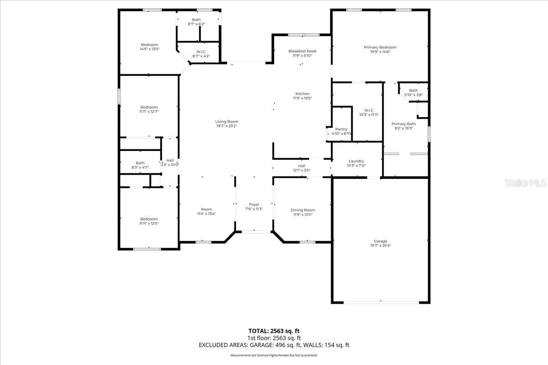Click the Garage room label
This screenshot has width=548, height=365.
point(380,241)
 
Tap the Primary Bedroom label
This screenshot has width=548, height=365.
point(380,47)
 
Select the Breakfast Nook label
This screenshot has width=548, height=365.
point(302,52)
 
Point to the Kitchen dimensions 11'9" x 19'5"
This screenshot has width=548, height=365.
point(302,98)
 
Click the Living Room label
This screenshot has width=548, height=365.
point(227,121)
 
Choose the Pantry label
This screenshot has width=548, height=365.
point(341,129)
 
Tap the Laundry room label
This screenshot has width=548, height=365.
point(356,161)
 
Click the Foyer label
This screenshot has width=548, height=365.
point(254,204)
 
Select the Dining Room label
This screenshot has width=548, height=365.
point(303,210)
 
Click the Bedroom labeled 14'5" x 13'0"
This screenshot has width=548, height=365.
point(149,45)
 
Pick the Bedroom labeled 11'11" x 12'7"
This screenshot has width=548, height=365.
point(149,107)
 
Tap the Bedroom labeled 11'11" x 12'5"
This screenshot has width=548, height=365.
point(149,219)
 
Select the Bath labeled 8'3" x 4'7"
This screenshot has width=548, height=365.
point(140,163)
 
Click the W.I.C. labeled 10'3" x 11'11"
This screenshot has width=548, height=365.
point(369,110)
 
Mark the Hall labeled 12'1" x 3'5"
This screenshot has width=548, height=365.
point(301,166)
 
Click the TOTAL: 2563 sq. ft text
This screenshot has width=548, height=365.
point(274,331)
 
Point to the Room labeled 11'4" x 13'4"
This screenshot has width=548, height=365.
point(206,209)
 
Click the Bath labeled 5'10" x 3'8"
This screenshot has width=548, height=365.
point(413,90)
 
